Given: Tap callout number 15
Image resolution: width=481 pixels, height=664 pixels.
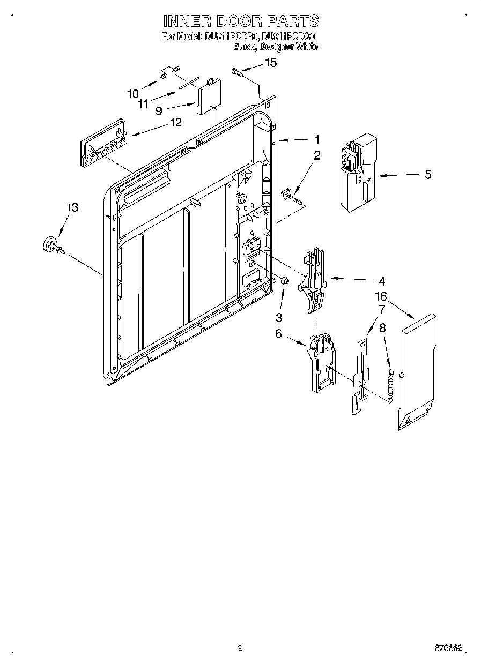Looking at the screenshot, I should (271, 63).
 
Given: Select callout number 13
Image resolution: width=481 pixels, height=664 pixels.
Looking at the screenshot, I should (72, 207).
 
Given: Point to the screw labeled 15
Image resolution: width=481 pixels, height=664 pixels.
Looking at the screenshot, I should (236, 71).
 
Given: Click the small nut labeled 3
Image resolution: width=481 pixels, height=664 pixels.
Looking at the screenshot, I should (285, 280).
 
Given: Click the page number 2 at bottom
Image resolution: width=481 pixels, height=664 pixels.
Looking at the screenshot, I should (240, 648).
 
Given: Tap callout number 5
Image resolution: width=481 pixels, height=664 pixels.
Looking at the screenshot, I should (427, 175).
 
